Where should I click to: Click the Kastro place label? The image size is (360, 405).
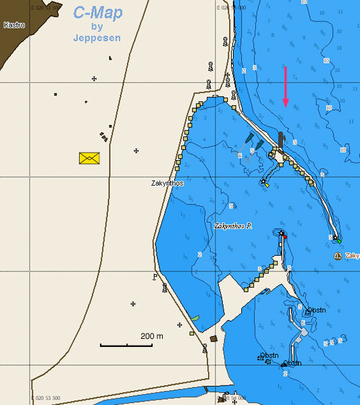pyautogui.click(x=14, y=25)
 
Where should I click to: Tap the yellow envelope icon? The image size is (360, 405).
pyautogui.click(x=89, y=158)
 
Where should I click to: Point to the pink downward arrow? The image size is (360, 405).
pyautogui.click(x=286, y=87)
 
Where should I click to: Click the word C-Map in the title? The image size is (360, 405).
pyautogui.click(x=98, y=13)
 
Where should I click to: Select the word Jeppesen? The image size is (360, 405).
pyautogui.click(x=97, y=38)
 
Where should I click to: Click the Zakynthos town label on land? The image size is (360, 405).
pyautogui.click(x=167, y=183)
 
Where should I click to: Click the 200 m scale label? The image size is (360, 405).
pyautogui.click(x=152, y=335)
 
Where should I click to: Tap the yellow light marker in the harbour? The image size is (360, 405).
pyautogui.click(x=267, y=184)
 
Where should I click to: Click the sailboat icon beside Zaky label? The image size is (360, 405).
pyautogui.click(x=338, y=256)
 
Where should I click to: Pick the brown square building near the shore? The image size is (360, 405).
pyautogui.click(x=213, y=339)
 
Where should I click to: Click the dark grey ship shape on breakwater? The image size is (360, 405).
pyautogui.click(x=280, y=140)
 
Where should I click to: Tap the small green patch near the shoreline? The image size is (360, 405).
pyautogui.click(x=195, y=317)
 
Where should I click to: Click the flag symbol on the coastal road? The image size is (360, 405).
pyautogui.click(x=155, y=276)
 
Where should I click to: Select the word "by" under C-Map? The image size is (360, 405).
pyautogui.click(x=97, y=26)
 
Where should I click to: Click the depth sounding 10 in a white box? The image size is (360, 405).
pyautogui.click(x=346, y=150)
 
